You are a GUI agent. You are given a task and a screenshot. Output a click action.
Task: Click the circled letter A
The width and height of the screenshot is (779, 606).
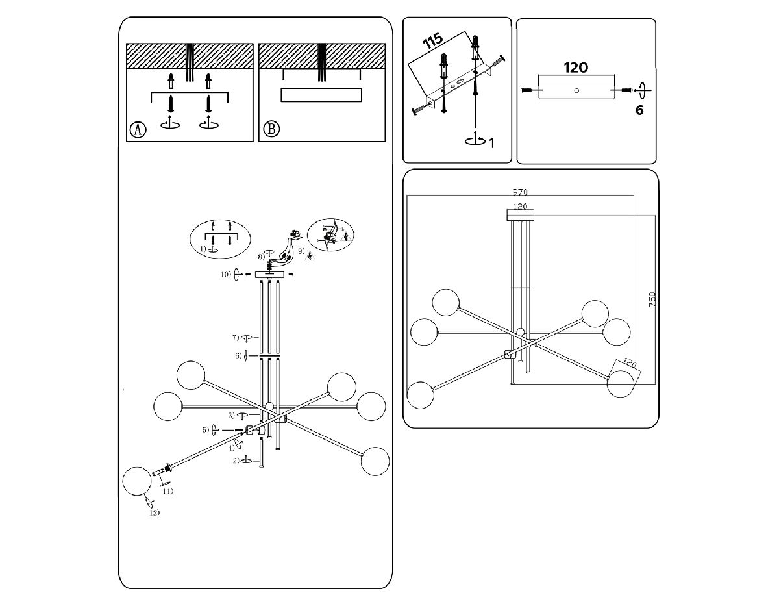pyautogui.click(x=138, y=130)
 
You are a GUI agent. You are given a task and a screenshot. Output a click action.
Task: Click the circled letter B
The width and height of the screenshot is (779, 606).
pyautogui.click(x=271, y=130)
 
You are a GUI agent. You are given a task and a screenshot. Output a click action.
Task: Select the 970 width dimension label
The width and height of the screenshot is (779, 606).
pyautogui.click(x=519, y=192)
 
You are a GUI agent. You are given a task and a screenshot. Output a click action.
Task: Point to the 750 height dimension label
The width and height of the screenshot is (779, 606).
pyautogui.click(x=652, y=299)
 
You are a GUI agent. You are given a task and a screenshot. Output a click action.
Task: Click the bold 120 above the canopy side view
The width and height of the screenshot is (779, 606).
pyautogui.click(x=575, y=67)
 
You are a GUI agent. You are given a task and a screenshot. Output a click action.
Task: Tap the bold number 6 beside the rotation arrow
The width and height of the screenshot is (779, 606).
pyautogui.click(x=639, y=110)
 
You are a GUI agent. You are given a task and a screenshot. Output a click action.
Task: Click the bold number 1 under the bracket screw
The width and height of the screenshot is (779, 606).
pyautogui.click(x=491, y=143)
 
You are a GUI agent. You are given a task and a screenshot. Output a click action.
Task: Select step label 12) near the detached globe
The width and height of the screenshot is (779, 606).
pyautogui.click(x=154, y=513)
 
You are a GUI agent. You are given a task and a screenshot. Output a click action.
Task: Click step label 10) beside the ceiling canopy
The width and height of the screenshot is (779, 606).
pyautogui.click(x=225, y=275)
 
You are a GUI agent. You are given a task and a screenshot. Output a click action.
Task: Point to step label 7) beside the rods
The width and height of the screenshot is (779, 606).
pyautogui.click(x=236, y=338)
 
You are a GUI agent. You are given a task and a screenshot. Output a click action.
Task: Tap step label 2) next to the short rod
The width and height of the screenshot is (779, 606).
pyautogui.click(x=236, y=461)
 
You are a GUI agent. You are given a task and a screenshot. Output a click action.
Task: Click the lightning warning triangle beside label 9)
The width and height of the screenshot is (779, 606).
pyautogui.click(x=310, y=256)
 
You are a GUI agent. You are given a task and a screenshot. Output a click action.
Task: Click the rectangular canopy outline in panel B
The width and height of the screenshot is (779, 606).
pyautogui.click(x=320, y=95)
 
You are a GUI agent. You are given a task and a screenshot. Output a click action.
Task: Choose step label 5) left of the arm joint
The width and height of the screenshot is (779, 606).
pyautogui.click(x=205, y=430)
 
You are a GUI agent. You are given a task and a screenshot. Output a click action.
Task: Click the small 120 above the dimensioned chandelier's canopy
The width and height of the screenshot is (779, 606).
pyautogui.click(x=519, y=207)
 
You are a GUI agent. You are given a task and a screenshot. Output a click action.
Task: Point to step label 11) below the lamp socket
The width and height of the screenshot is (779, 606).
pyautogui.click(x=167, y=492)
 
